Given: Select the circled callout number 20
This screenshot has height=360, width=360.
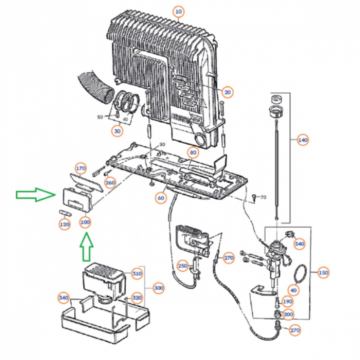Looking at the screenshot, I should (228, 92).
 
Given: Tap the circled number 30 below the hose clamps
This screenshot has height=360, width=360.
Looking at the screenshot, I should (117, 131).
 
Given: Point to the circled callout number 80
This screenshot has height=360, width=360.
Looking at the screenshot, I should (193, 152).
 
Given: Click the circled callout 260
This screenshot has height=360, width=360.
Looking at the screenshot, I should (110, 183).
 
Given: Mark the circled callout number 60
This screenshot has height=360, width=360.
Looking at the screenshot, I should (160, 198).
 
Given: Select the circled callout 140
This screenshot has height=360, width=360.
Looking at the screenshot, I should (302, 140).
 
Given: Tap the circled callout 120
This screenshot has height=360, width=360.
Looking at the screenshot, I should (64, 225).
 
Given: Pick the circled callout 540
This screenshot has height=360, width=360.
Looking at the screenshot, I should (299, 244).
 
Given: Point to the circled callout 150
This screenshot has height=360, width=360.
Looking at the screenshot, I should (323, 273).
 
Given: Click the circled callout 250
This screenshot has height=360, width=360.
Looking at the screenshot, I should (183, 265).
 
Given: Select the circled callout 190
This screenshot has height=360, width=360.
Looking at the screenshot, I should (287, 301).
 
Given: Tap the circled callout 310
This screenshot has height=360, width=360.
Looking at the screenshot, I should (137, 274).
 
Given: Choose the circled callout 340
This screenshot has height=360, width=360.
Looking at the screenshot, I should (63, 298).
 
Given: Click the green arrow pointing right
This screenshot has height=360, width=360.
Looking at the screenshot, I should (35, 195).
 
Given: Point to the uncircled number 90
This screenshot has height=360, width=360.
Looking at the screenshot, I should (161, 144).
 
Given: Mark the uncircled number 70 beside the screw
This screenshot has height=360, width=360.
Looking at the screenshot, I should (263, 198).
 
